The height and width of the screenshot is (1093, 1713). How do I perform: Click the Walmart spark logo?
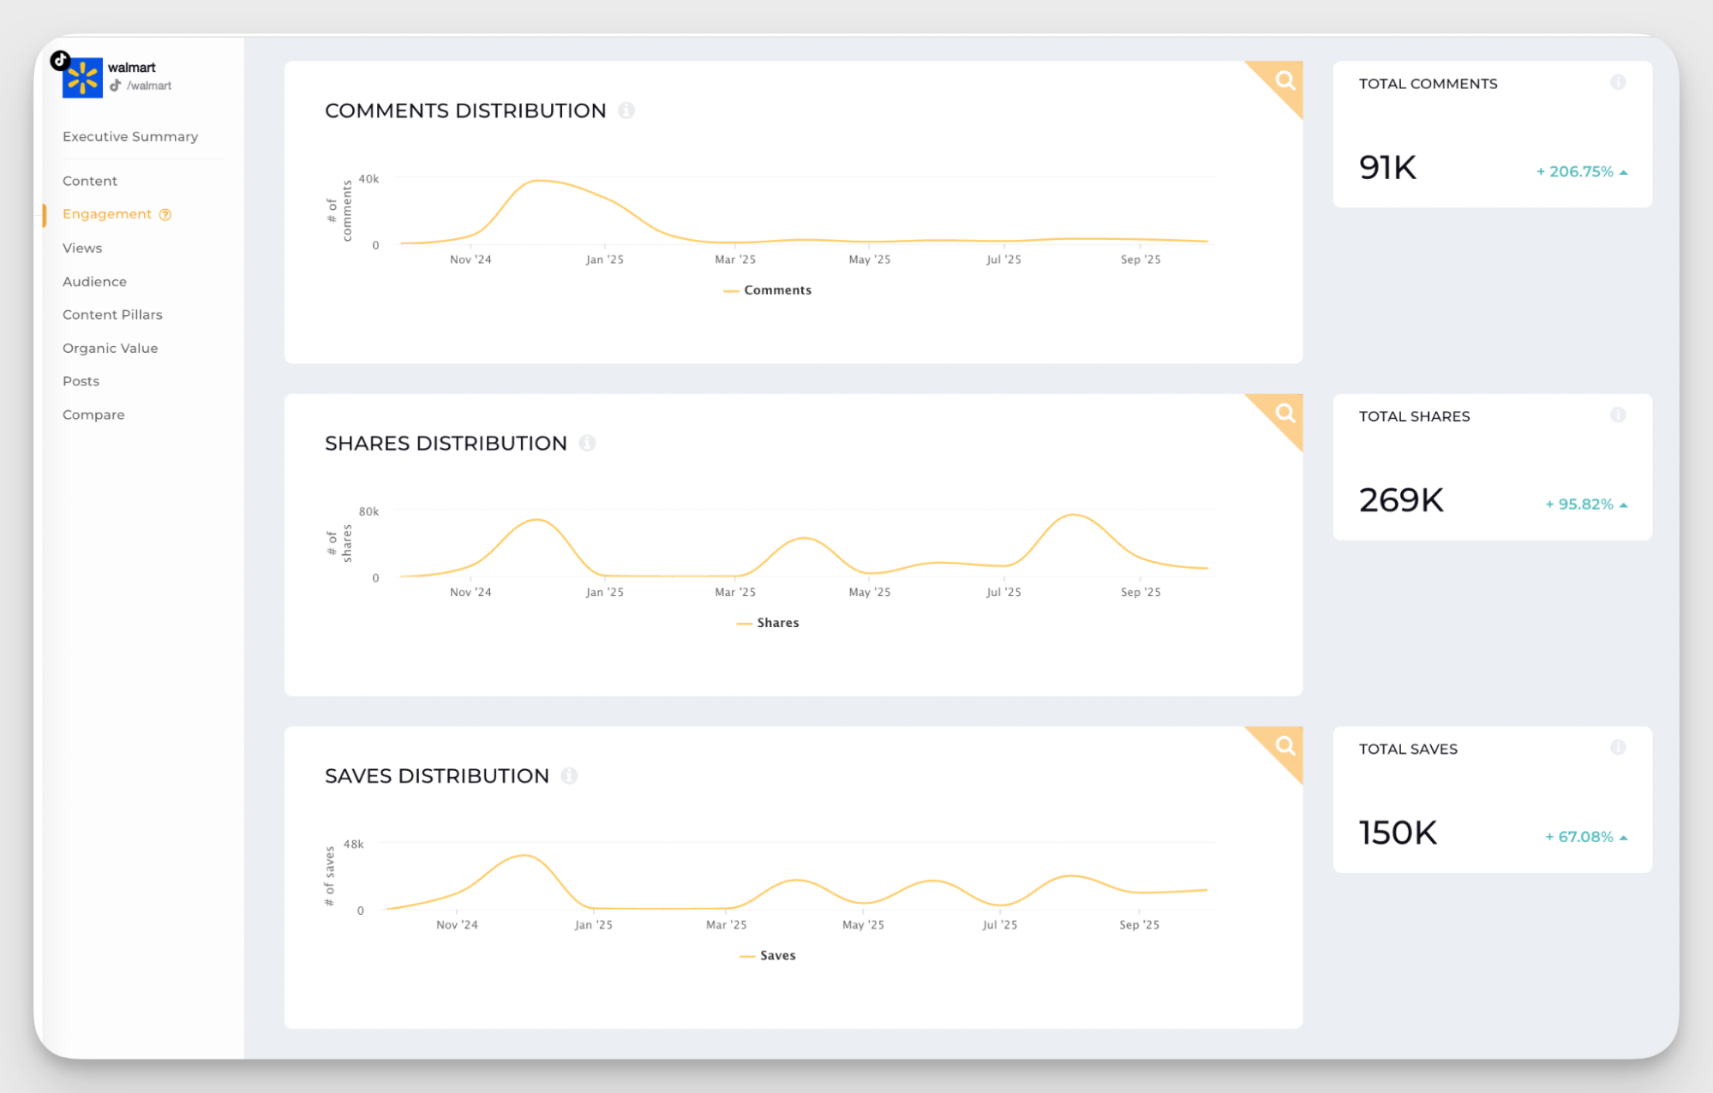coord(82,79)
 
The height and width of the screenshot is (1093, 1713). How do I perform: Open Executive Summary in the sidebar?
coord(130,136)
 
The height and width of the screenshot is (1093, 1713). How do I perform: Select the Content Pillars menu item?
coord(112,314)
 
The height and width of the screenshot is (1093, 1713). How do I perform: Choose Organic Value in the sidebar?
coord(110,348)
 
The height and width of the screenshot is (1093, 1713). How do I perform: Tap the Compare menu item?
coord(93,415)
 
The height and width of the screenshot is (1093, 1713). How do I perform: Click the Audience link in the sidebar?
coord(94,281)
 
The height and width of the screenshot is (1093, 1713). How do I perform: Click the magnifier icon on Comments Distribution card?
coord(1285,81)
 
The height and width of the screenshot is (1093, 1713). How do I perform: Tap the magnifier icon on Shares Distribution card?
coord(1285,413)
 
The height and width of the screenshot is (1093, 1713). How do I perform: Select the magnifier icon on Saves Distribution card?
coord(1285,745)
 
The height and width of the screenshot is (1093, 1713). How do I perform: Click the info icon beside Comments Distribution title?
coord(626,110)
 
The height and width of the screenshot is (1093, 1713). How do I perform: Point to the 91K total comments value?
coord(1387,167)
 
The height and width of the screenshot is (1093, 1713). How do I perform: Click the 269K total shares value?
coord(1401,500)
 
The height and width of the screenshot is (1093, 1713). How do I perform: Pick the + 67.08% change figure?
coord(1579,837)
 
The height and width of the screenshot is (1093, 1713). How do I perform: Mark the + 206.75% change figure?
coord(1575,171)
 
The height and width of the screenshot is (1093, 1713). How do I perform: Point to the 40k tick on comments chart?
coord(368,179)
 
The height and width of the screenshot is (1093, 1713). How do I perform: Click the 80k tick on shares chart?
coord(368,511)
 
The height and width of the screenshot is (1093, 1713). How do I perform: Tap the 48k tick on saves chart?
coord(353,844)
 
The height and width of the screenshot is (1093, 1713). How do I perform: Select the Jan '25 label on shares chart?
coord(604,592)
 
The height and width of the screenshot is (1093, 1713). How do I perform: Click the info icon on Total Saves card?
coord(1617,748)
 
